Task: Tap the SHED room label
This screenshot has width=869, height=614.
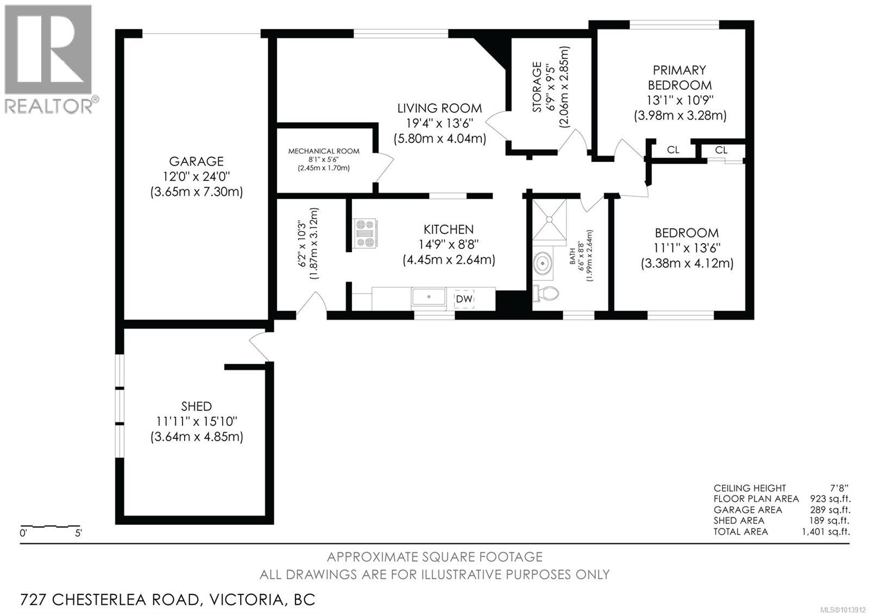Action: pos(196,406)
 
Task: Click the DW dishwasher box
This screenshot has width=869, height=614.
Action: pos(464,299)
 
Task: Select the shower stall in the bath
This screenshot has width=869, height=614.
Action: pos(549,220)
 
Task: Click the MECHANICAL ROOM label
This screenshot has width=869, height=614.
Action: pos(324,151)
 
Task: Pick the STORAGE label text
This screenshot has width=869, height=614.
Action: pos(537,87)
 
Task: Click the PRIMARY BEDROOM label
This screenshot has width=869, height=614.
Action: pos(679,78)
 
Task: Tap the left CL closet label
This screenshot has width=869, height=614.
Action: pos(673,150)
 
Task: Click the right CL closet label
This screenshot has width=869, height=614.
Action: pos(721,150)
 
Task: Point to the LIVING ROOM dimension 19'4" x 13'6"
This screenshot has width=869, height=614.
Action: pos(440,123)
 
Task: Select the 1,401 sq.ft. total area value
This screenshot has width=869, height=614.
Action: pos(826,531)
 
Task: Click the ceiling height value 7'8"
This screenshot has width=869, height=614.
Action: pos(839,488)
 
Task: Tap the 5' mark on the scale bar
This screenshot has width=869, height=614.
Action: pos(78,534)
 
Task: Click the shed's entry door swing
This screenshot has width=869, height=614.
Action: pos(260,346)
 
